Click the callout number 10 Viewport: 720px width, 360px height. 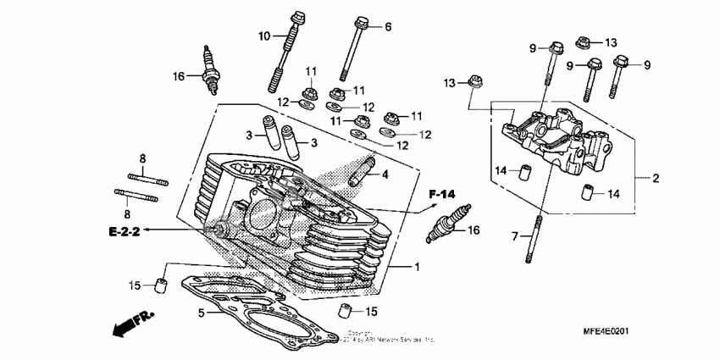coord(264,36)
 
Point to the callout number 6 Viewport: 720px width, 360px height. coord(388,27)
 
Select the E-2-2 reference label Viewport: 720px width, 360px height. coord(123,230)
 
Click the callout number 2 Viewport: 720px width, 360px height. coord(656,179)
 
